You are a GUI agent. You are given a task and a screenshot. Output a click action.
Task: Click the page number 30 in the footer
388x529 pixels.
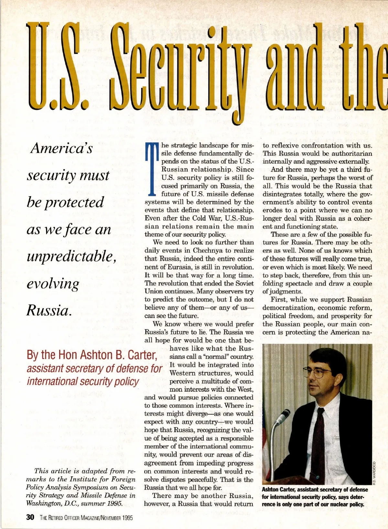(30, 517)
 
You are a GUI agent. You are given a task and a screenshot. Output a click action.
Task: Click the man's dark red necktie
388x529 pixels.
(318, 439)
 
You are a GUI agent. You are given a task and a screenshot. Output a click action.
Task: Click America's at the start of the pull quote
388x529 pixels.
(61, 148)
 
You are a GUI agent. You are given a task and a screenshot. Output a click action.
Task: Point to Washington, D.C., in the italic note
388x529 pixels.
(52, 503)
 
